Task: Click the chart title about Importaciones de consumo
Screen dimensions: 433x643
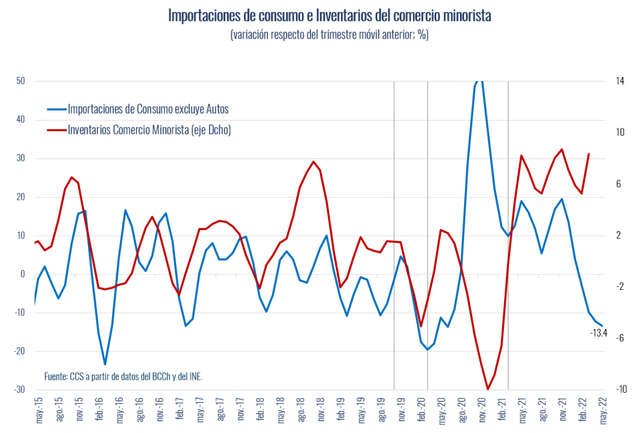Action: [x=329, y=15]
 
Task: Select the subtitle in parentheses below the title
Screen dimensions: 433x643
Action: [x=329, y=35]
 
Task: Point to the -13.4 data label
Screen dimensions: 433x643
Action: [x=598, y=333]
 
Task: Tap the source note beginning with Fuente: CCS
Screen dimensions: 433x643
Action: [x=123, y=376]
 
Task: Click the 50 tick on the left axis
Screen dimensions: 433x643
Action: [x=20, y=81]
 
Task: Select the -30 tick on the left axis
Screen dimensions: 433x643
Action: [x=19, y=390]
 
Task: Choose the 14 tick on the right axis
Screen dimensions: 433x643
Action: [x=620, y=81]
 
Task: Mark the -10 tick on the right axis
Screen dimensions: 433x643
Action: [x=621, y=390]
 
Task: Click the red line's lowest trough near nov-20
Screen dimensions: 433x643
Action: [x=488, y=389]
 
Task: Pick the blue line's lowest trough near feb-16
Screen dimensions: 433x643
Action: [x=105, y=364]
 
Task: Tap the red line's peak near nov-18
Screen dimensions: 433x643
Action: [x=314, y=161]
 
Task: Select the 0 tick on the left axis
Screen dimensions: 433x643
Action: [x=23, y=274]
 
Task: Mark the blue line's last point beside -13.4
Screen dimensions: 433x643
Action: [x=602, y=326]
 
